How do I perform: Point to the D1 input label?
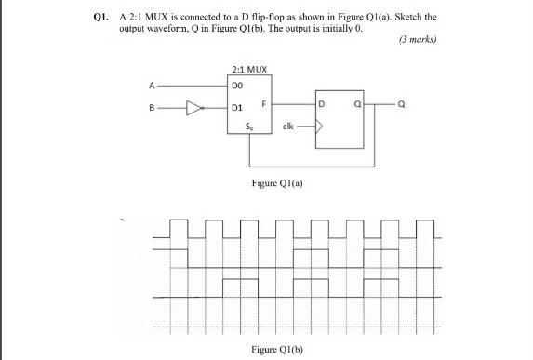pyautogui.click(x=238, y=108)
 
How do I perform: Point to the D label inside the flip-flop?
pyautogui.click(x=323, y=100)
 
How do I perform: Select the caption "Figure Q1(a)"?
pyautogui.click(x=275, y=183)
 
